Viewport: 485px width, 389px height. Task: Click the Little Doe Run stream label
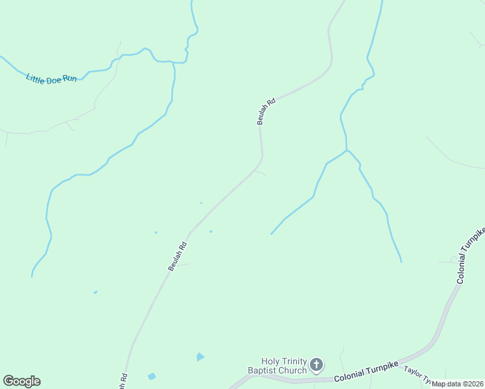click(x=51, y=78)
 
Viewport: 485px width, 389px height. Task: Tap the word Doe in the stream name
click(x=53, y=79)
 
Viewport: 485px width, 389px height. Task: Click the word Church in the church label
click(x=294, y=371)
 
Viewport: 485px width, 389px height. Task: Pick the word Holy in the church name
click(x=270, y=361)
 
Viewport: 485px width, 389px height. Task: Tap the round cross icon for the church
click(x=316, y=364)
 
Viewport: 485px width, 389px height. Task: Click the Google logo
click(x=21, y=381)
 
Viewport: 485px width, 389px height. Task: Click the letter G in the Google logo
click(x=8, y=381)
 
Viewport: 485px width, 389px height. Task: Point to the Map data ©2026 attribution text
click(x=458, y=384)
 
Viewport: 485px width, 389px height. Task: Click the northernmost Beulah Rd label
click(x=266, y=111)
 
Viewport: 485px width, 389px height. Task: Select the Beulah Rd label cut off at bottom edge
click(x=122, y=380)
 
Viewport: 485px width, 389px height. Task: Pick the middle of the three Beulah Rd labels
click(x=177, y=256)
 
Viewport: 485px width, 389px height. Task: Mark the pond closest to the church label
click(x=200, y=357)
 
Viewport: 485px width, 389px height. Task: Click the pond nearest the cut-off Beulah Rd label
click(x=152, y=376)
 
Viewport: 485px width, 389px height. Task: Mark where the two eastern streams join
click(x=347, y=150)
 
